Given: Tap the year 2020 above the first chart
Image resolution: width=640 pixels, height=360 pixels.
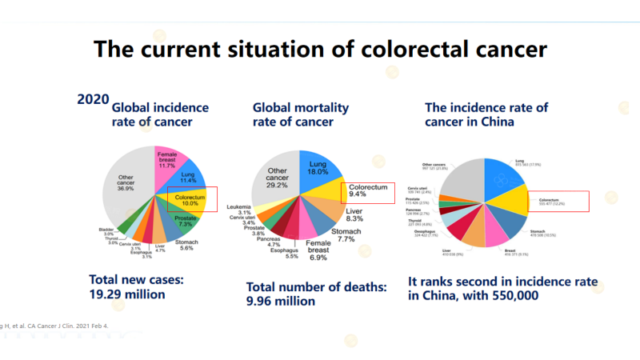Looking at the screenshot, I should (x=93, y=99).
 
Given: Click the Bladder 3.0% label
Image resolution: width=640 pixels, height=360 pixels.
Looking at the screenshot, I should (x=106, y=233).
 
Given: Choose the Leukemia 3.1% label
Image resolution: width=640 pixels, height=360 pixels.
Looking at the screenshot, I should (x=239, y=209).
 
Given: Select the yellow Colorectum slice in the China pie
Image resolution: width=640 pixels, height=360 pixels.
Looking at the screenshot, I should (x=510, y=201).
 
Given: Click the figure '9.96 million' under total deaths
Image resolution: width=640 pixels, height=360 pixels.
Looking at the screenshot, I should (x=281, y=301).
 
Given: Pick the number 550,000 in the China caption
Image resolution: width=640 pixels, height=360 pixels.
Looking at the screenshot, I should (x=510, y=294).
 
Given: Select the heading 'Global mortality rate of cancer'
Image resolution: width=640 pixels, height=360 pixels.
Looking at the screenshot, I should (x=300, y=114).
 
